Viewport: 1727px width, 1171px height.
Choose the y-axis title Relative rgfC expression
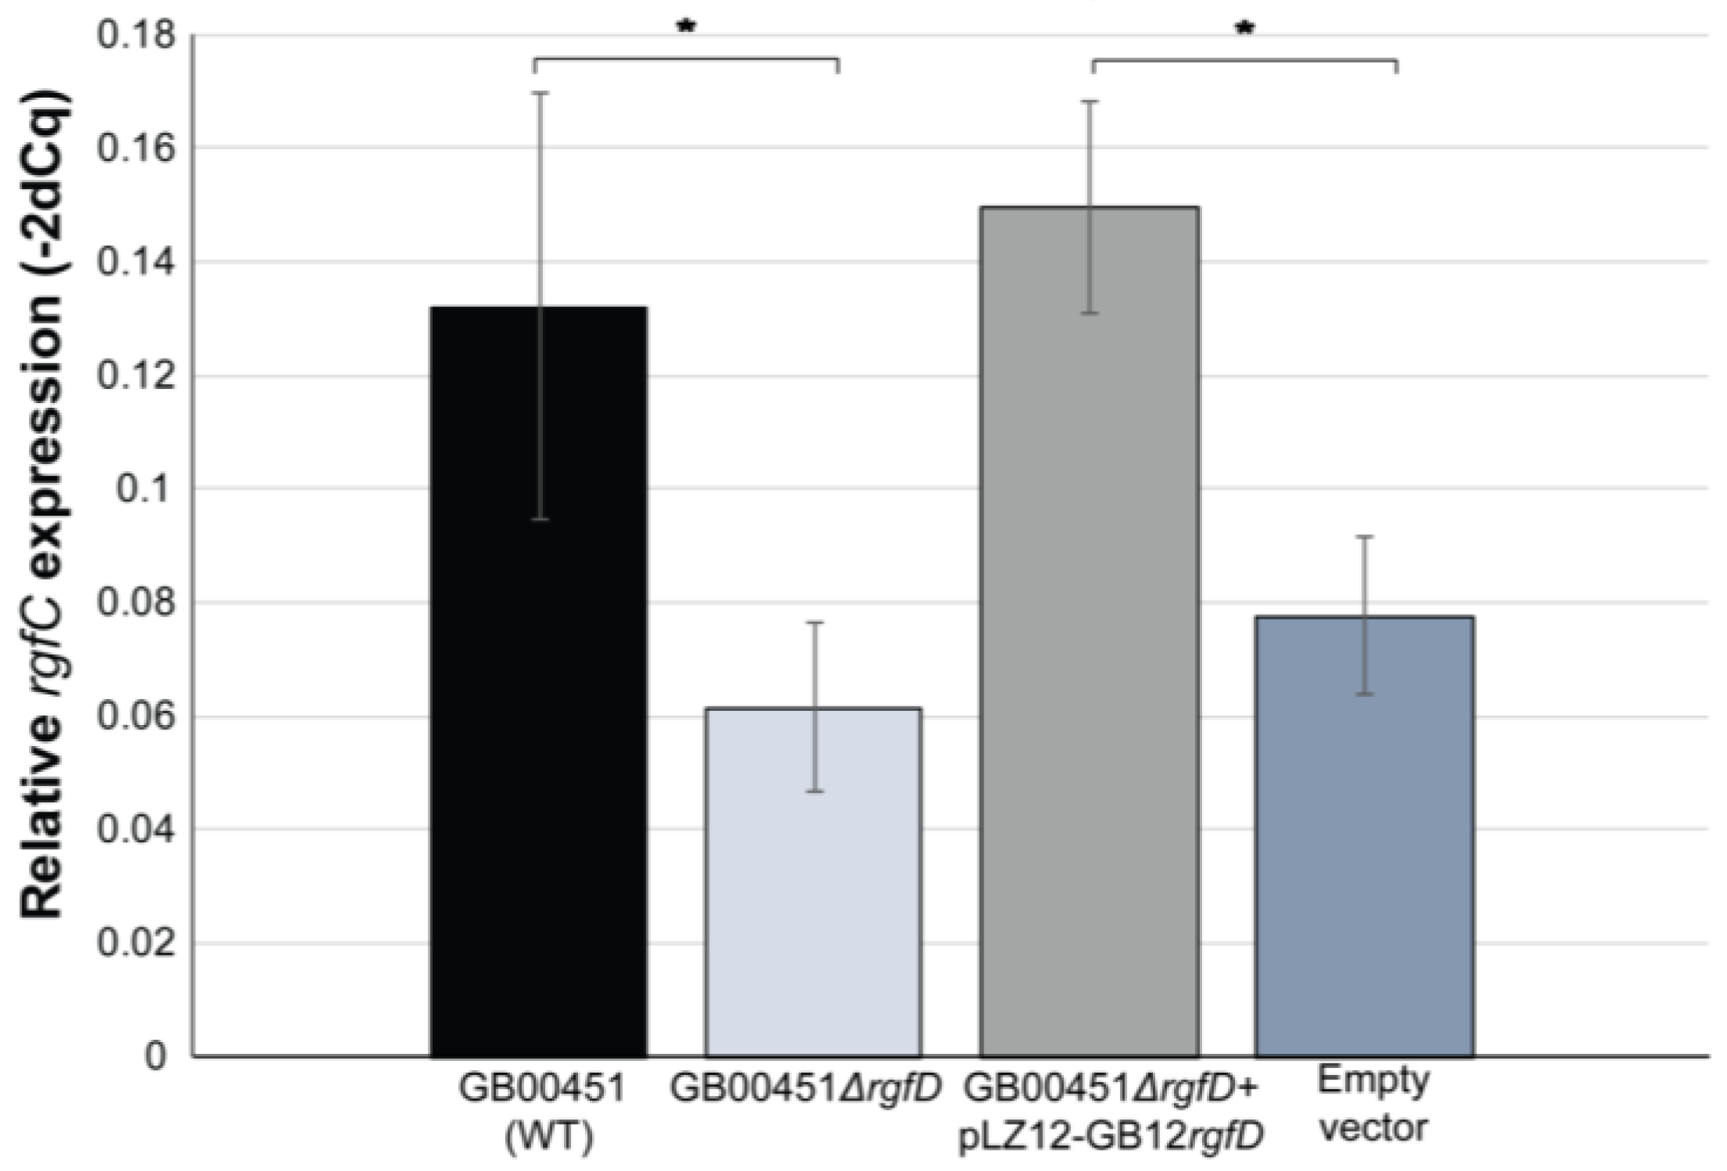pos(43,508)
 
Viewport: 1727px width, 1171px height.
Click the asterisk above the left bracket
pos(686,27)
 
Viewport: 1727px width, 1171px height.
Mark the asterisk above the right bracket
pos(1244,29)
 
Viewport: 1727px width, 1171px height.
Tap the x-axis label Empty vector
pos(1373,1105)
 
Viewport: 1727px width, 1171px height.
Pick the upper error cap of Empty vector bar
pos(1365,536)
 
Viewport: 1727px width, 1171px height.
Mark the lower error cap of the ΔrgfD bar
pos(815,791)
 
